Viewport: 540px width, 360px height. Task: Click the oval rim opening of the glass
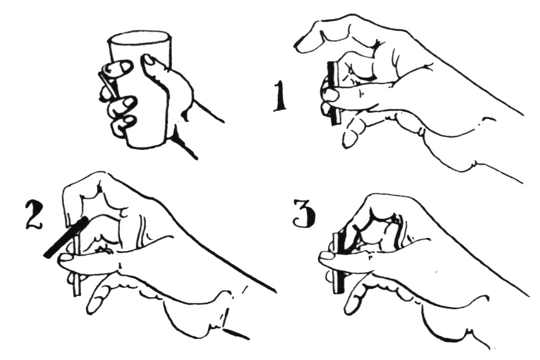(140, 39)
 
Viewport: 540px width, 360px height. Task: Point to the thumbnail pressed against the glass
(150, 61)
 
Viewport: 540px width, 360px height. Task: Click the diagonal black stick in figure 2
(65, 238)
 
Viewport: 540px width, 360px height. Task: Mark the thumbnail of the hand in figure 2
(66, 258)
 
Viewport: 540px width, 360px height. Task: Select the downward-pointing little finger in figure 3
(354, 297)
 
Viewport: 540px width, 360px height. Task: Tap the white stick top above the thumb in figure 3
(335, 243)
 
